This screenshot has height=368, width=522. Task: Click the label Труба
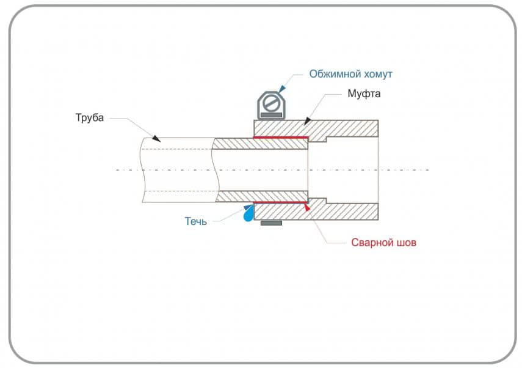pyautogui.click(x=90, y=118)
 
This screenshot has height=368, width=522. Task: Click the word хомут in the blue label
pyautogui.click(x=376, y=74)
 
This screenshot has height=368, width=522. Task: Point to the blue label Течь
pyautogui.click(x=196, y=221)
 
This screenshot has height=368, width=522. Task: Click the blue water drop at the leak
pyautogui.click(x=248, y=215)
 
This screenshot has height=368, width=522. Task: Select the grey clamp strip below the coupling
pyautogui.click(x=271, y=223)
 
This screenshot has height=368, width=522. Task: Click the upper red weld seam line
pyautogui.click(x=280, y=138)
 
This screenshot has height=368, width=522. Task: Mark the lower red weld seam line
pyautogui.click(x=280, y=202)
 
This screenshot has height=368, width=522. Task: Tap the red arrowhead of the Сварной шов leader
pyautogui.click(x=307, y=208)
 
